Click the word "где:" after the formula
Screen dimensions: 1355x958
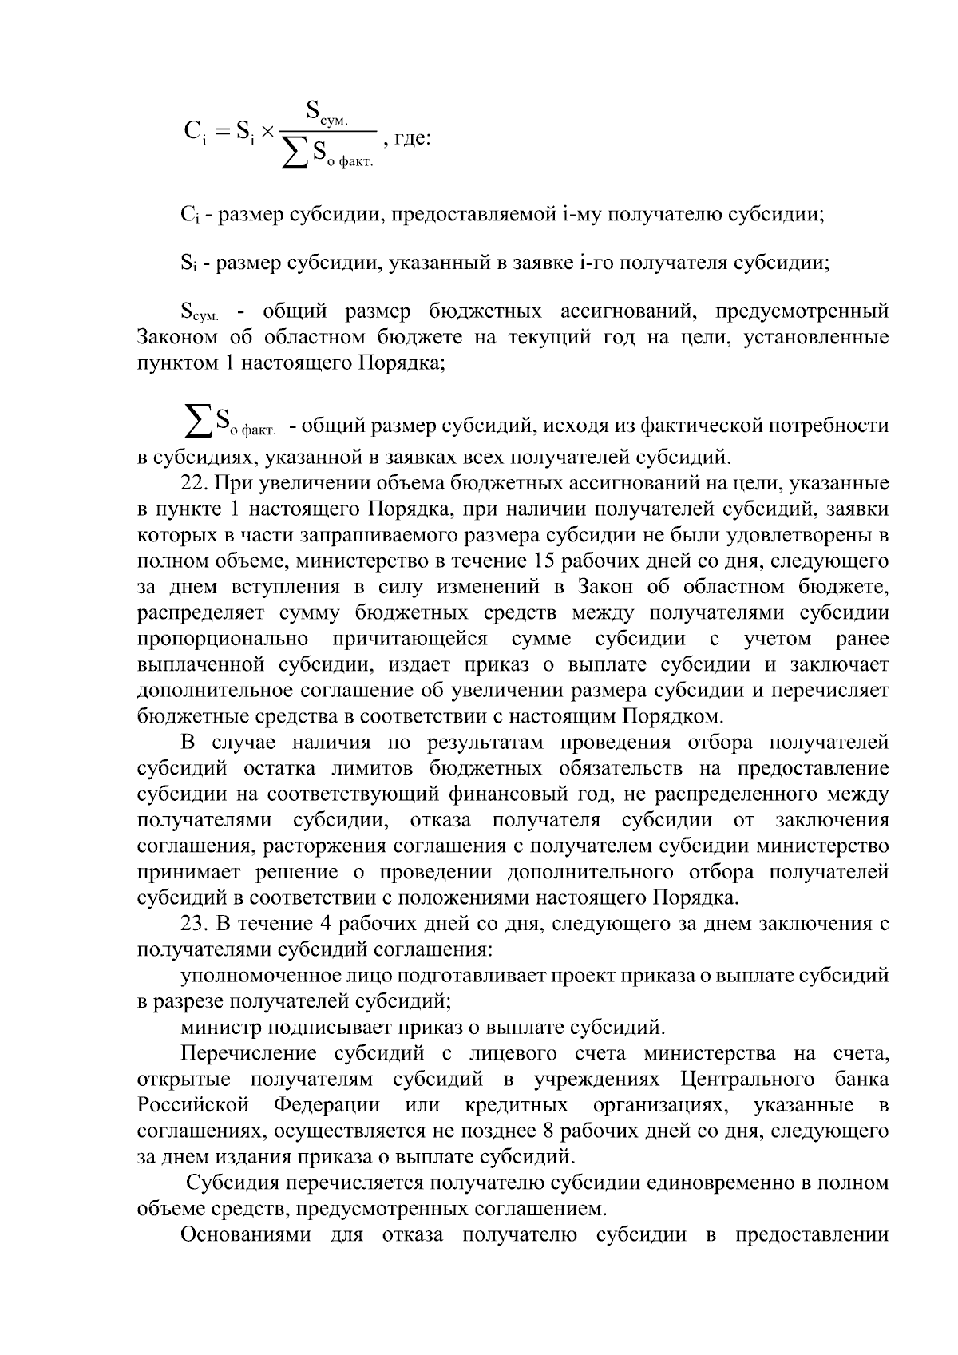pyautogui.click(x=412, y=138)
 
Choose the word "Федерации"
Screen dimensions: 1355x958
pyautogui.click(x=327, y=1106)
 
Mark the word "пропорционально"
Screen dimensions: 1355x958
pyautogui.click(x=224, y=639)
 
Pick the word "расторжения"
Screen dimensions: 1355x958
pyautogui.click(x=323, y=846)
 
